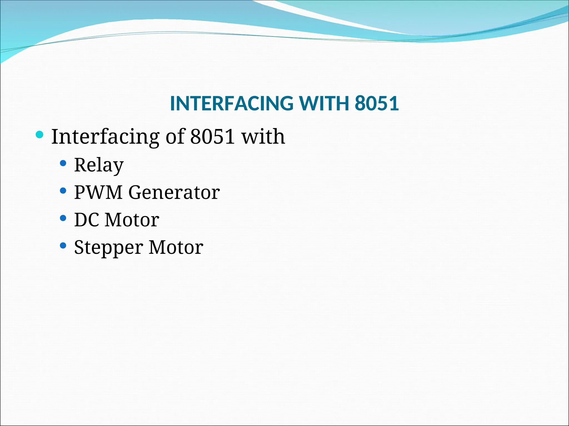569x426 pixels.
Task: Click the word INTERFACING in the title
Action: (x=231, y=103)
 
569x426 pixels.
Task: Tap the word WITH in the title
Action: (x=324, y=103)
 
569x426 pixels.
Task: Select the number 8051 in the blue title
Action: (x=377, y=103)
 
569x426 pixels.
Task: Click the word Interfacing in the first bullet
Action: (x=105, y=137)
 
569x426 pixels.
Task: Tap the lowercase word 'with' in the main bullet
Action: (x=263, y=137)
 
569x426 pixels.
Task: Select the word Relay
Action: (x=99, y=165)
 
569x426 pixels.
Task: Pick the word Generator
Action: (x=174, y=192)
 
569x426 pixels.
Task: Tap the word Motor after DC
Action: (x=132, y=220)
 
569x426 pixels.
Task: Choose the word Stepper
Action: (x=109, y=247)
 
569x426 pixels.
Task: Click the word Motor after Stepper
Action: (x=176, y=247)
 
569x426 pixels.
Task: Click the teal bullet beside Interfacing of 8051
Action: (x=40, y=135)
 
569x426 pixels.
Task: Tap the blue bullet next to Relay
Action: (x=63, y=163)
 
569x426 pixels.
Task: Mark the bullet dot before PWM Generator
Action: (x=63, y=191)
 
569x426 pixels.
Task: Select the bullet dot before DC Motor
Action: (x=63, y=218)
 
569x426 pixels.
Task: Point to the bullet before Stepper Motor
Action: (x=63, y=245)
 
